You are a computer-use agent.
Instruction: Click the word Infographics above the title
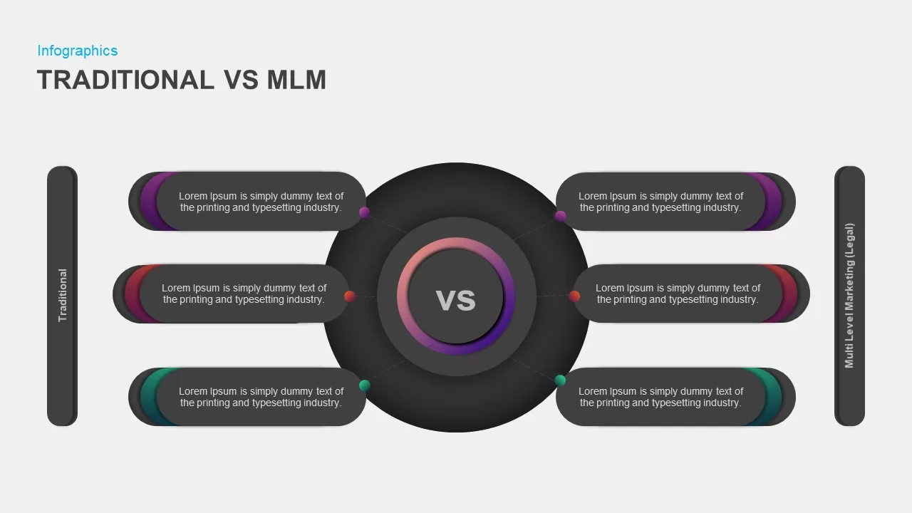(78, 51)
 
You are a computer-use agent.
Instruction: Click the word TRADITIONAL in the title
(125, 80)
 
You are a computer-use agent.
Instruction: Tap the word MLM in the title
(296, 80)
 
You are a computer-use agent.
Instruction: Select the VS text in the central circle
(455, 301)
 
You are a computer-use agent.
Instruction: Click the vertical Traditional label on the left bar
(62, 295)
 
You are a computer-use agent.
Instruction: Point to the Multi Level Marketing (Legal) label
(849, 296)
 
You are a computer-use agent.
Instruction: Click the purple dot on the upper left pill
(364, 212)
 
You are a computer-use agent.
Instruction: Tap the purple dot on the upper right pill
(560, 216)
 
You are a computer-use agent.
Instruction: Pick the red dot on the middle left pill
(349, 296)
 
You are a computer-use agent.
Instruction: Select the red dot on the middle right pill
(574, 296)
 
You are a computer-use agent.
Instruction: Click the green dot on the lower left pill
(364, 385)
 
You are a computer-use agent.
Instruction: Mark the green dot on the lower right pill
(560, 380)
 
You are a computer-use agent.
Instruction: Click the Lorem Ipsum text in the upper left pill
(261, 202)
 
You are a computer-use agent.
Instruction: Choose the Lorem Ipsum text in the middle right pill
(678, 294)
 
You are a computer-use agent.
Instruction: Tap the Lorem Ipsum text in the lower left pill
(261, 397)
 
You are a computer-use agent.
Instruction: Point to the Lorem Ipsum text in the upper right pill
(660, 202)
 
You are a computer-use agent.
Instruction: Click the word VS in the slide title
(241, 80)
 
